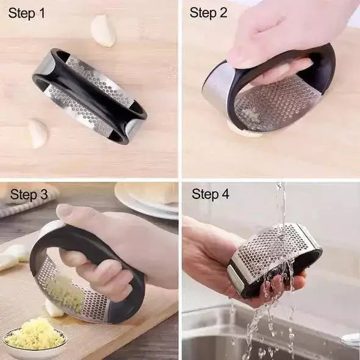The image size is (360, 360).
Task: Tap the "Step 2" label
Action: pyautogui.click(x=208, y=13)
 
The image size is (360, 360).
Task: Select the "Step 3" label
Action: pyautogui.click(x=29, y=195)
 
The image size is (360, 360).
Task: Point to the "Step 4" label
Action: pyautogui.click(x=211, y=195)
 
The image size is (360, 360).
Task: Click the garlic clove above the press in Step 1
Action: pyautogui.click(x=104, y=31)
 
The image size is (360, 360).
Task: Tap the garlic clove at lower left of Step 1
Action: pyautogui.click(x=37, y=132)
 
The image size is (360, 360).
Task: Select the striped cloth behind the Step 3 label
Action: pyautogui.click(x=18, y=208)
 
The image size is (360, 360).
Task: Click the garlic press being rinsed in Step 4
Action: pyautogui.click(x=275, y=256)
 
